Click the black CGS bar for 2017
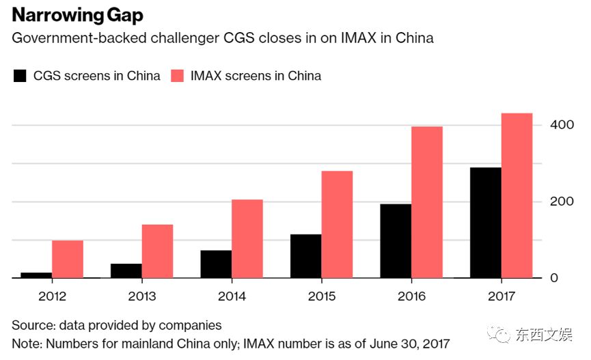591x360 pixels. (485, 223)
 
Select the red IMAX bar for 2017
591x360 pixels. (517, 195)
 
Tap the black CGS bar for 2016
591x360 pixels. (396, 240)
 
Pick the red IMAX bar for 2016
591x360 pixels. (427, 202)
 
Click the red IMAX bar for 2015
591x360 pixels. (337, 224)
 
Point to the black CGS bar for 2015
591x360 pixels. (305, 256)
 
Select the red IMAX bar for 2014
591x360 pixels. (247, 238)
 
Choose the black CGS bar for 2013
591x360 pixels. (126, 271)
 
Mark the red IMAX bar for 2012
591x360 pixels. (67, 259)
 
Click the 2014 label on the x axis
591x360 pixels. (232, 296)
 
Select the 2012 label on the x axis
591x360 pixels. (52, 296)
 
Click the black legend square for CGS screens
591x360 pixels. (20, 76)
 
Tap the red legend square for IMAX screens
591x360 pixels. (178, 76)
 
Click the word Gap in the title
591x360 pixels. (123, 16)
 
